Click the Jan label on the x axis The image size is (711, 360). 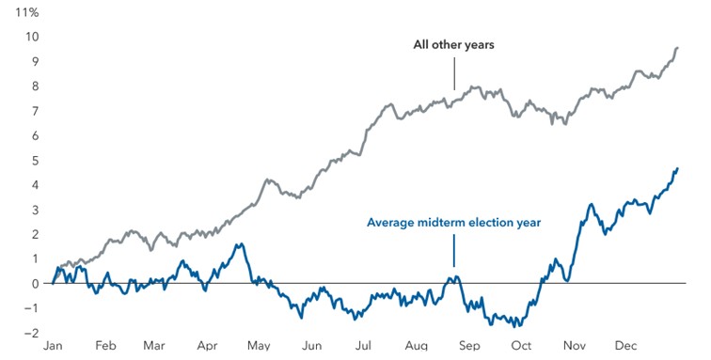click(x=53, y=346)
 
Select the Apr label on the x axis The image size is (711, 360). click(x=207, y=346)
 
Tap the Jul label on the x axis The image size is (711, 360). click(x=363, y=346)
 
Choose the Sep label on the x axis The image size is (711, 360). click(x=468, y=346)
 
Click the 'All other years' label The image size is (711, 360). click(x=454, y=45)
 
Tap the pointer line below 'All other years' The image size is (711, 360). click(x=454, y=73)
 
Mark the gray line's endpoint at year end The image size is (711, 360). click(x=677, y=48)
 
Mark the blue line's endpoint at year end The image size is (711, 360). click(x=677, y=168)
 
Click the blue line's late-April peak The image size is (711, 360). click(x=241, y=244)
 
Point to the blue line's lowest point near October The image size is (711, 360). click(x=517, y=325)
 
